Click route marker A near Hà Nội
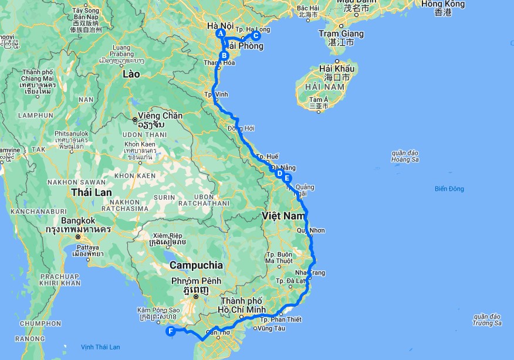click(x=221, y=34)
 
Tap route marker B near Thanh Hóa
click(x=224, y=56)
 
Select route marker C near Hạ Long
click(x=255, y=35)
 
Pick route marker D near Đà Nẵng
click(x=279, y=174)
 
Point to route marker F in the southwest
click(x=171, y=331)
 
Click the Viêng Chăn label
click(x=160, y=116)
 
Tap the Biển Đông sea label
click(x=449, y=189)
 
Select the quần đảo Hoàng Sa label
click(x=405, y=156)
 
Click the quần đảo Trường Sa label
click(x=488, y=320)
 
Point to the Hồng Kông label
click(x=443, y=5)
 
